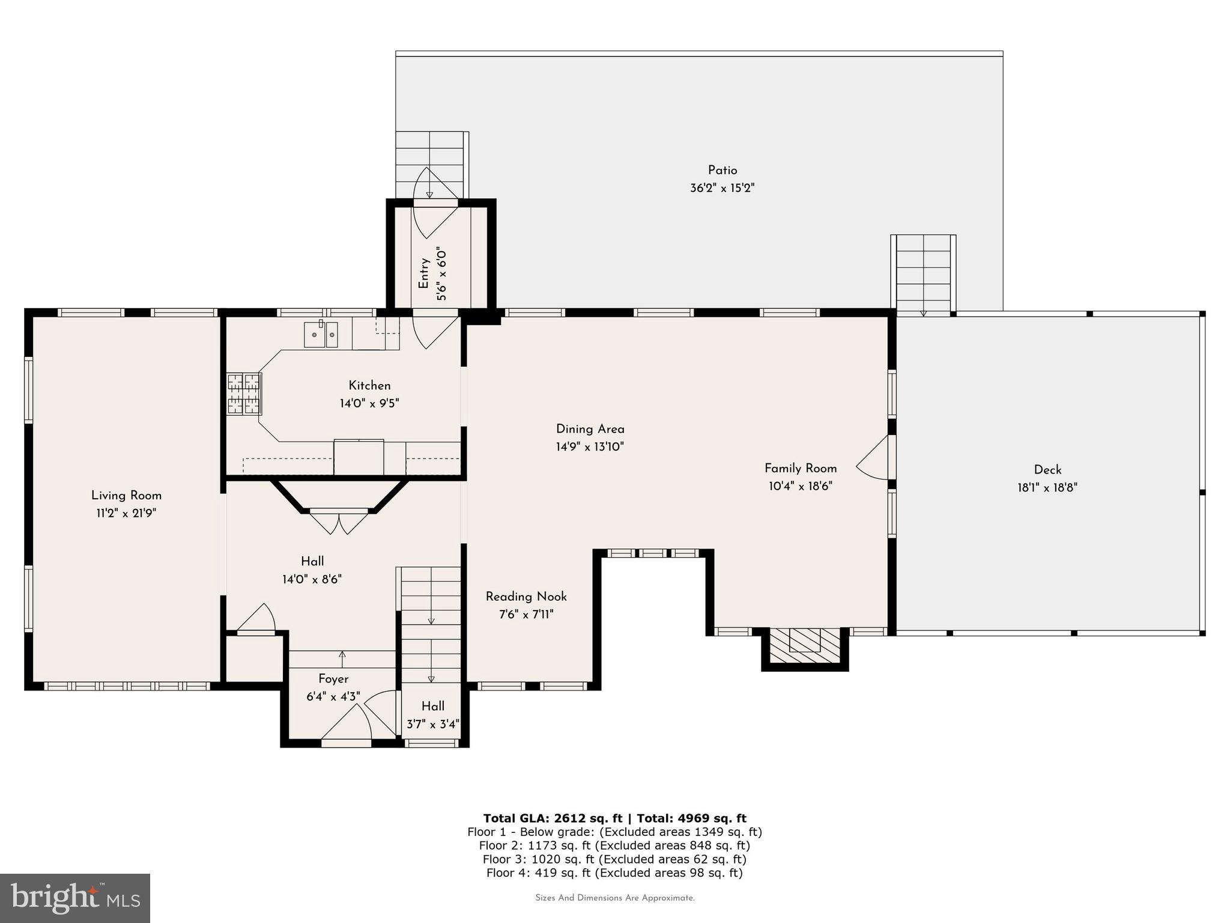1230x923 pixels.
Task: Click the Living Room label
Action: (x=126, y=496)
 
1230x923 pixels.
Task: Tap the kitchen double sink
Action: (x=321, y=335)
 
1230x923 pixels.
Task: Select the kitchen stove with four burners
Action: (x=244, y=394)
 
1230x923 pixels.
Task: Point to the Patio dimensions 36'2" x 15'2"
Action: (x=722, y=188)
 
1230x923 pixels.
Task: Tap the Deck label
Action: (x=1047, y=470)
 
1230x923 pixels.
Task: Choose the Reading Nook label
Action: (x=526, y=597)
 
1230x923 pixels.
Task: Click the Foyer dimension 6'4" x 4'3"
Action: (x=333, y=696)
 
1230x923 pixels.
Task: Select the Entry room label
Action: (x=424, y=273)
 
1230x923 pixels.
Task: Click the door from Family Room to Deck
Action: (x=874, y=458)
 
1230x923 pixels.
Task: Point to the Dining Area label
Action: (x=590, y=429)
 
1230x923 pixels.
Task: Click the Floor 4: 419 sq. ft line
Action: (x=614, y=873)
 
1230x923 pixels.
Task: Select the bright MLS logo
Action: (x=75, y=898)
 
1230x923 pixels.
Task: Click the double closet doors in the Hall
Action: (x=339, y=521)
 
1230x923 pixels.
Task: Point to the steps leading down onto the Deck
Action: (x=923, y=273)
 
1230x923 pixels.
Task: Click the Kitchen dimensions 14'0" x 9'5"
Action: (x=369, y=403)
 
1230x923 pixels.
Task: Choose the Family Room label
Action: (x=800, y=468)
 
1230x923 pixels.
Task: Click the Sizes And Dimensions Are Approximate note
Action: (x=614, y=898)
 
